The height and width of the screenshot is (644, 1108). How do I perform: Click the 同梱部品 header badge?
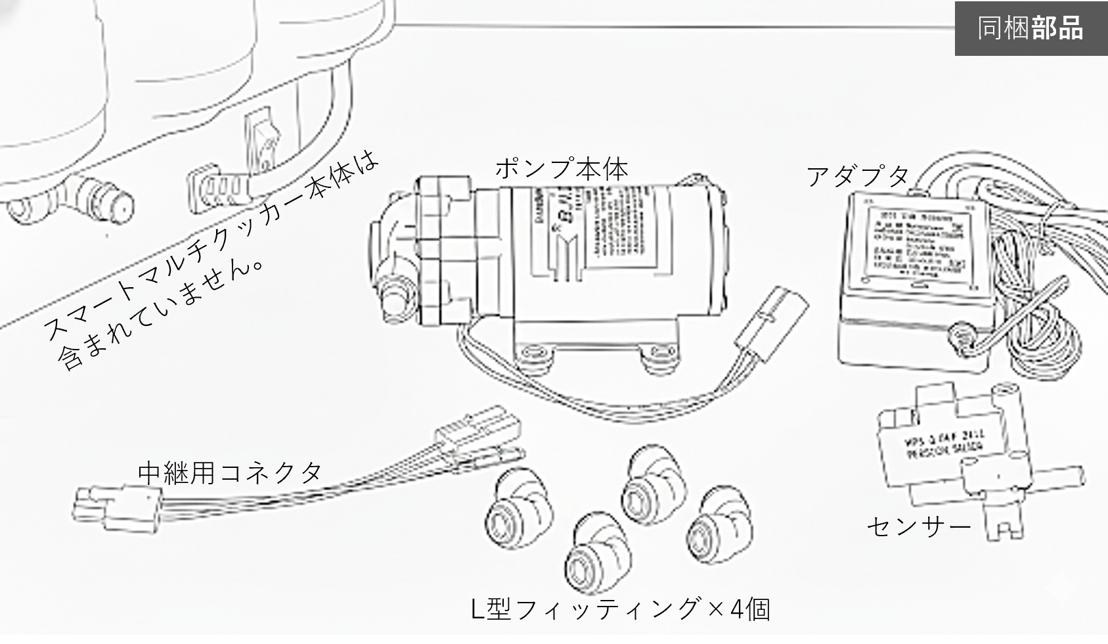[x=1030, y=28]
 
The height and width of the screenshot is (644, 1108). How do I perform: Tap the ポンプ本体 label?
[x=562, y=169]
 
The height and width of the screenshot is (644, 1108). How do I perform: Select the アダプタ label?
[x=858, y=175]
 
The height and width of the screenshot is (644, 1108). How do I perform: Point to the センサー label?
[x=918, y=526]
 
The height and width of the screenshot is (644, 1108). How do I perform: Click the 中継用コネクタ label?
[x=230, y=472]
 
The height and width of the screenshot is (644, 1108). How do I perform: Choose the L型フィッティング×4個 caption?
[x=621, y=609]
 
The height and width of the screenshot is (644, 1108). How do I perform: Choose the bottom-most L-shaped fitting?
[x=597, y=552]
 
